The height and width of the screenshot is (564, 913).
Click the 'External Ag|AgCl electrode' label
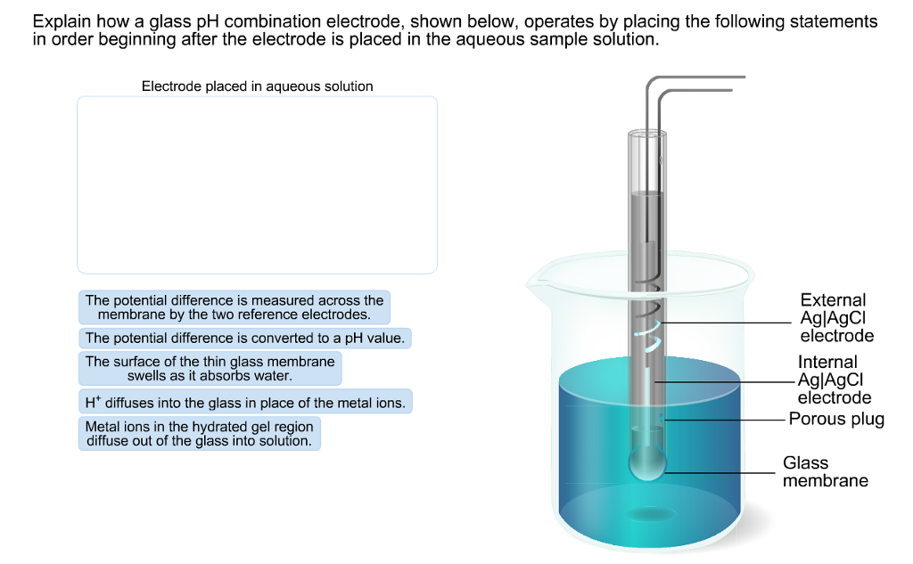click(x=836, y=318)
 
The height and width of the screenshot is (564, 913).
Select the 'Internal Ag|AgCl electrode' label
click(x=834, y=380)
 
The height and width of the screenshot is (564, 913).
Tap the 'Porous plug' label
click(x=836, y=419)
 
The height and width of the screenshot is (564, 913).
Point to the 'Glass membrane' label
click(x=825, y=471)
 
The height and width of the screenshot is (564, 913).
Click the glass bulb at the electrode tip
click(x=647, y=462)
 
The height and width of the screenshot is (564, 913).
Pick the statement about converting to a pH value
click(x=245, y=339)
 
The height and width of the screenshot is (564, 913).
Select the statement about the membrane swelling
click(x=210, y=369)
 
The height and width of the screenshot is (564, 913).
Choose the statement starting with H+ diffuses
click(x=245, y=403)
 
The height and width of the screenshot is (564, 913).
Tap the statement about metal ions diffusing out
click(x=199, y=434)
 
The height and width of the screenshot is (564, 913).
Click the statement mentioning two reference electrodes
click(x=234, y=307)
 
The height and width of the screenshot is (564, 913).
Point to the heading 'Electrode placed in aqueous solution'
click(x=257, y=86)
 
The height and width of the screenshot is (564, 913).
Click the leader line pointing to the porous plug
click(x=722, y=419)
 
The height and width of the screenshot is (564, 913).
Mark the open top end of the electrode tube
click(x=646, y=134)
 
